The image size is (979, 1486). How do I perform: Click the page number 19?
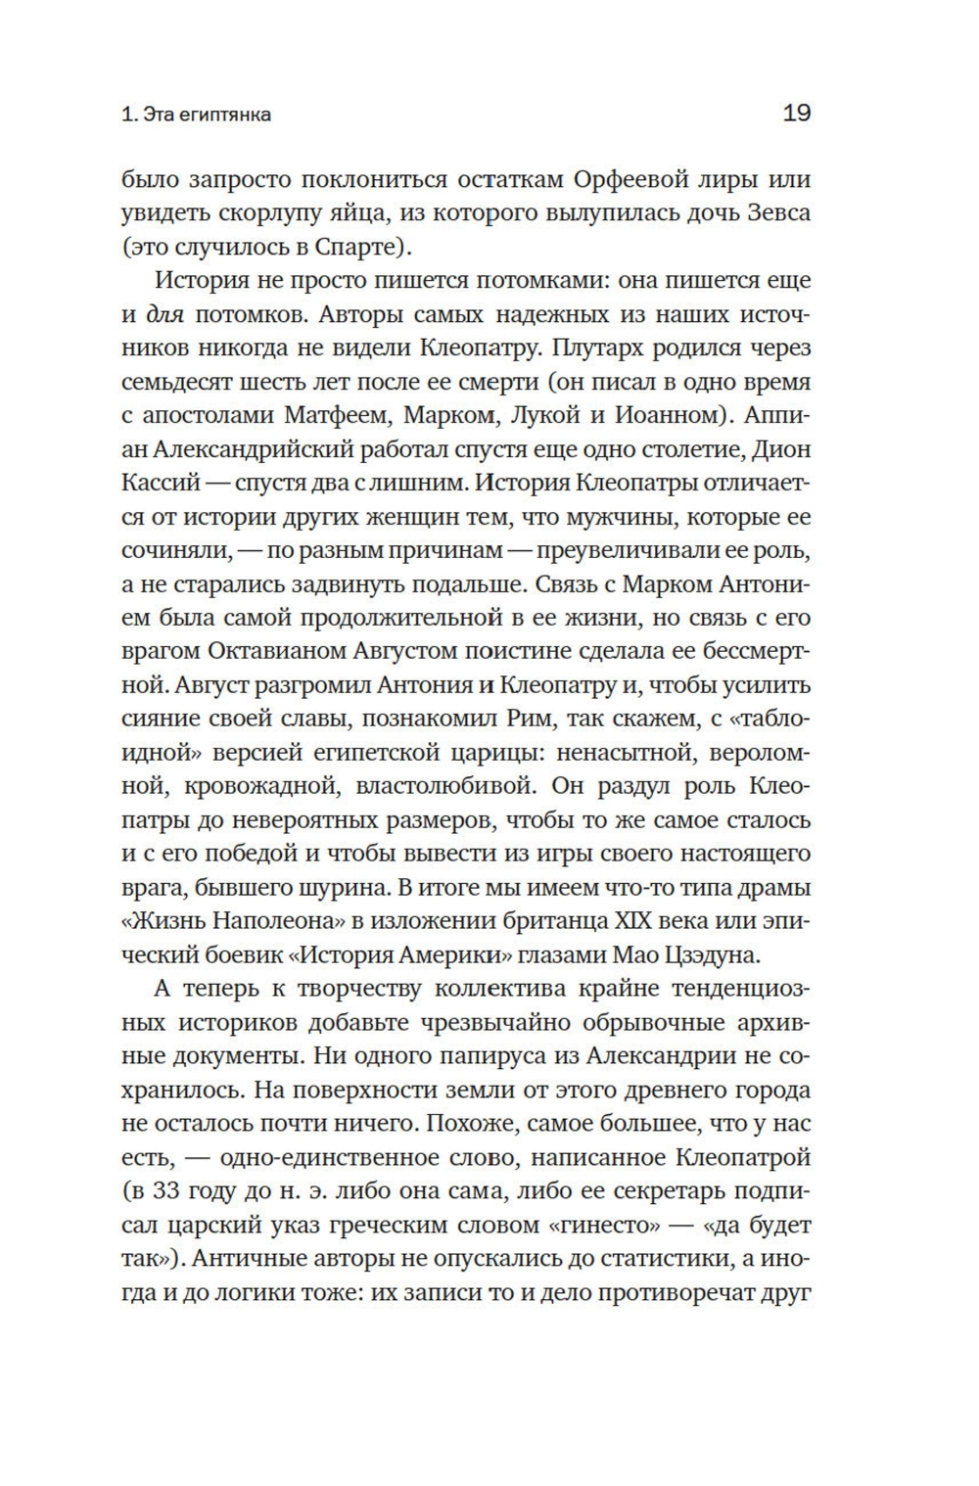click(797, 114)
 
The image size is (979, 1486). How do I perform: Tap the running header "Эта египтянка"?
click(207, 115)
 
